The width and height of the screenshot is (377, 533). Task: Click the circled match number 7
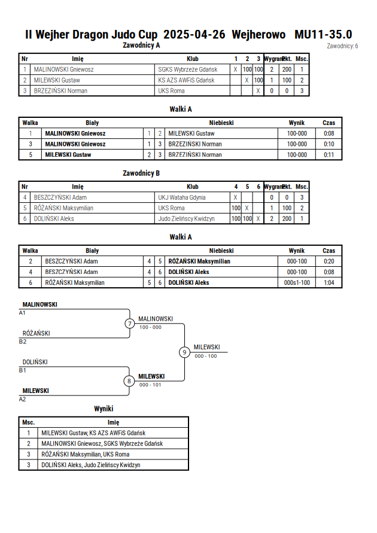click(129, 323)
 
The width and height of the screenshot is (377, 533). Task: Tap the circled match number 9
click(184, 352)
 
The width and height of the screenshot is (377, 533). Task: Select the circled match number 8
click(129, 381)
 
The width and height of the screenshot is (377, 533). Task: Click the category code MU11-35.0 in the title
click(323, 34)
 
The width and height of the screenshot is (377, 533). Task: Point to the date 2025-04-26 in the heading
click(194, 34)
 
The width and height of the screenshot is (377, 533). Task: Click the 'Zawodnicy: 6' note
click(342, 46)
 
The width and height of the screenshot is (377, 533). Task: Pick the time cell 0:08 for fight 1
click(329, 133)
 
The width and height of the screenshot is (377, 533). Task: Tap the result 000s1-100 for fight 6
click(297, 282)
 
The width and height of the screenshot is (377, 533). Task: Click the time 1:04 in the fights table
click(329, 282)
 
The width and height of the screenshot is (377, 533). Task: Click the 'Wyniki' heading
click(104, 409)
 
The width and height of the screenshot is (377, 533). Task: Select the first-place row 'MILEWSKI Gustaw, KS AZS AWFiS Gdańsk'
click(93, 433)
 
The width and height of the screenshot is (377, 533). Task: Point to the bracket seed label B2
click(22, 342)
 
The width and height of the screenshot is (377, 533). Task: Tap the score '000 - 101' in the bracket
click(150, 385)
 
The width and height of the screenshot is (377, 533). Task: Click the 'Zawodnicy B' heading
click(141, 173)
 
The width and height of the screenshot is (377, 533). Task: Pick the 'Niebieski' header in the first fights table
click(221, 123)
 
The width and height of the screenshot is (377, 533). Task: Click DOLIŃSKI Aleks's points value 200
click(287, 218)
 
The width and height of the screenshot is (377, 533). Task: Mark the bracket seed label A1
click(22, 313)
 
